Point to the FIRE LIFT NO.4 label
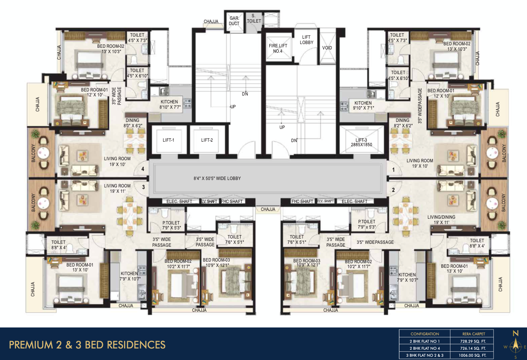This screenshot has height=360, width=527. click(x=275, y=48)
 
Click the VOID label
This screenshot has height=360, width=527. click(x=327, y=48)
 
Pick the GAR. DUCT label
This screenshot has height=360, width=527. click(x=234, y=21)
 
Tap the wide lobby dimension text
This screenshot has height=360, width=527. click(x=217, y=179)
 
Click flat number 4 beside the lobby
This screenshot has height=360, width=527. click(x=143, y=169)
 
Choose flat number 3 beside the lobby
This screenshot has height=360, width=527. click(x=143, y=187)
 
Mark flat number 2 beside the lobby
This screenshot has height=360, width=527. click(x=393, y=190)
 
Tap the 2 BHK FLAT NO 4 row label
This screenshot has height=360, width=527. click(x=425, y=348)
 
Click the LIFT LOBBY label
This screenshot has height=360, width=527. click(x=306, y=40)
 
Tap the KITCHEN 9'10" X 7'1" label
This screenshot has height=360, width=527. click(x=362, y=106)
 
